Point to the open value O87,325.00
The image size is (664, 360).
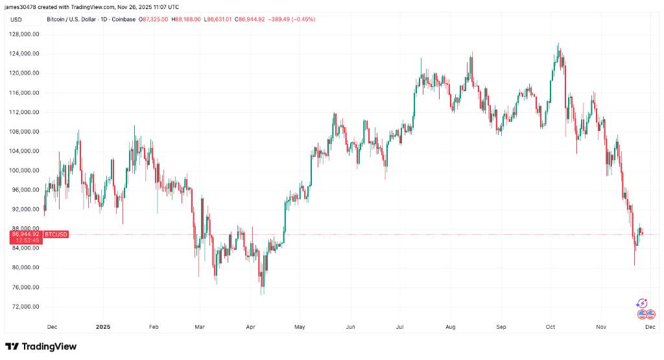coord(154,19)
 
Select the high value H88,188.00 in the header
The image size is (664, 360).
coord(188,19)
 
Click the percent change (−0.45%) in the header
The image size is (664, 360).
coord(302,19)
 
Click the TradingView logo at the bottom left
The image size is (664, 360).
coord(41,346)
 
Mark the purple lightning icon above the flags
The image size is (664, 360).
coord(642,303)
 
